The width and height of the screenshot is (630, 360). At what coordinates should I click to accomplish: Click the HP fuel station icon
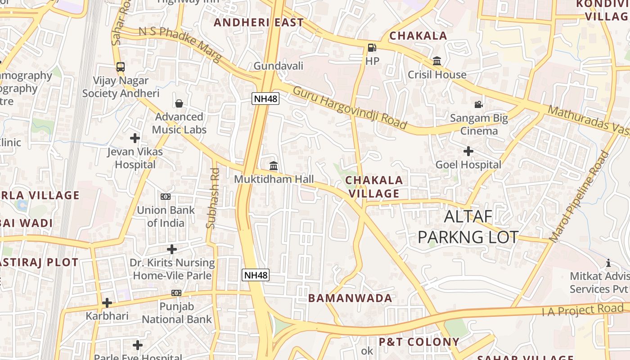[372, 47]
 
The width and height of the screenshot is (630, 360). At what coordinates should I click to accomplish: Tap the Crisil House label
[436, 75]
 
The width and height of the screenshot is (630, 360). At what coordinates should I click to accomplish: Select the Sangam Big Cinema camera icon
[479, 105]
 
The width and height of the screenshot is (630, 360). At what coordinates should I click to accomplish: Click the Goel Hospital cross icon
[468, 151]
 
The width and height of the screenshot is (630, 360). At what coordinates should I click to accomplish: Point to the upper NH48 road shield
[265, 99]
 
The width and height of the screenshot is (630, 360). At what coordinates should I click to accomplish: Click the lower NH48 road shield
[256, 275]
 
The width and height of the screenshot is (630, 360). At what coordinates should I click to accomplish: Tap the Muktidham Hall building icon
[274, 166]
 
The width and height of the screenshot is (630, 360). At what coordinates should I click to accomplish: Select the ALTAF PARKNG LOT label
[468, 226]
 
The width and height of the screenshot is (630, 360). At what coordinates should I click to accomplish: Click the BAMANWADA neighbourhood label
[350, 298]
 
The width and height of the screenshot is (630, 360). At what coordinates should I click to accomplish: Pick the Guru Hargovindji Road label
[350, 108]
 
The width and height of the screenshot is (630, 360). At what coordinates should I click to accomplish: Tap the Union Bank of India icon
[166, 197]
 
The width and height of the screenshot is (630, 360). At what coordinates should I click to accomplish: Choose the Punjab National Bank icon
[176, 293]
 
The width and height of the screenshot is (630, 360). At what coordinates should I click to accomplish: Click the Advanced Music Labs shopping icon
[179, 104]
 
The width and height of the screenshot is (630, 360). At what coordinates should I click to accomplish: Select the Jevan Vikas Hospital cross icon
[135, 138]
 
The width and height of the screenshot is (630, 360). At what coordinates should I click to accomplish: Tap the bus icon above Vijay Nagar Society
[120, 67]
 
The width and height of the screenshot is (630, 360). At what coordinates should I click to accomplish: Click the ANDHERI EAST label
[259, 22]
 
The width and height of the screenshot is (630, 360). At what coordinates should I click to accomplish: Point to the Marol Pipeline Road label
[579, 196]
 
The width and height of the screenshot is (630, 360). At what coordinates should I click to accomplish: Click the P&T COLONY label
[419, 342]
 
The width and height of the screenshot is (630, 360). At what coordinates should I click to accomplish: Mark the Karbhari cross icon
[107, 303]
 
